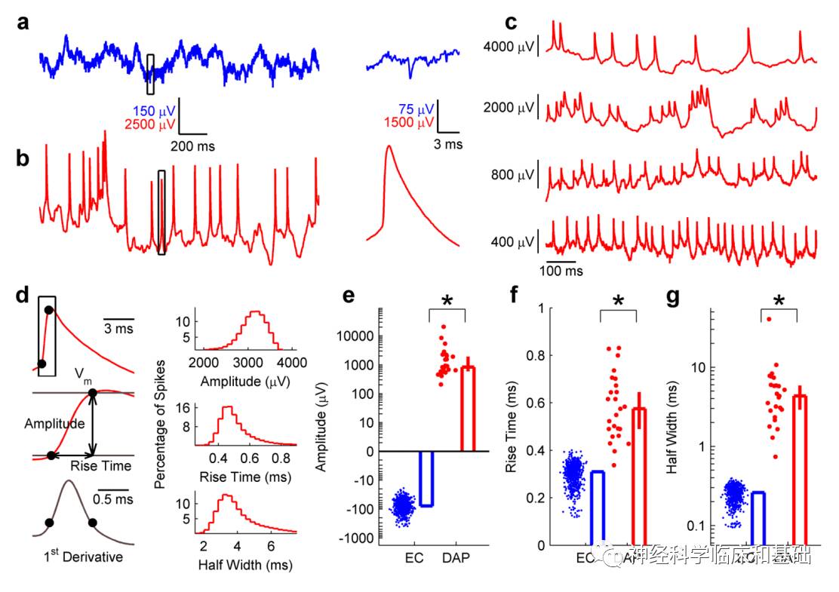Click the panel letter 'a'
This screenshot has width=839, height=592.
tap(24, 23)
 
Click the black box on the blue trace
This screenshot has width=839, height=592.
tap(151, 74)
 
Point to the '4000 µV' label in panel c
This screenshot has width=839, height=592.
tap(509, 48)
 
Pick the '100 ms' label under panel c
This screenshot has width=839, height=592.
tap(564, 269)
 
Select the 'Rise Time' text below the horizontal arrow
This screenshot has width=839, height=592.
tap(100, 466)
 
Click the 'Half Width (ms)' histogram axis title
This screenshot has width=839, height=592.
tap(245, 563)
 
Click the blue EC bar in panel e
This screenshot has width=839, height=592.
tap(427, 478)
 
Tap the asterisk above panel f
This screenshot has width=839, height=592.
tap(619, 301)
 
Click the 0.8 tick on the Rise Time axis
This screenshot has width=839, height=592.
tap(540, 355)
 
